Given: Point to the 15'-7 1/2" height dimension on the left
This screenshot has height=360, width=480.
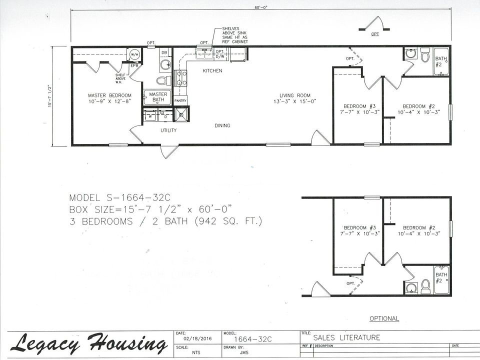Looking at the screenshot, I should tap(50, 96).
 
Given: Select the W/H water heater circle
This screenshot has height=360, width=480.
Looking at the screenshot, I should tap(134, 54).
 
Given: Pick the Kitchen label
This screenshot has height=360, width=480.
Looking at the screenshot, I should tap(212, 71).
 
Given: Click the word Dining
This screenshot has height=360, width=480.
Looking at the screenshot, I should tap(222, 125).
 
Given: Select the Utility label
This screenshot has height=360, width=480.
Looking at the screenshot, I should tap(168, 130).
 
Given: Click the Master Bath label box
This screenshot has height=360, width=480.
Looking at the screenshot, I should tap(158, 96).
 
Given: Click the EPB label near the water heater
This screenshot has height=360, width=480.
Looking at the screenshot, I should tap(134, 65).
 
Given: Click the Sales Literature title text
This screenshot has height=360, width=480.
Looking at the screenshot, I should tap(346, 337).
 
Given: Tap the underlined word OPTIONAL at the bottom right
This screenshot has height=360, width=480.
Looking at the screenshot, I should tap(384, 318).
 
